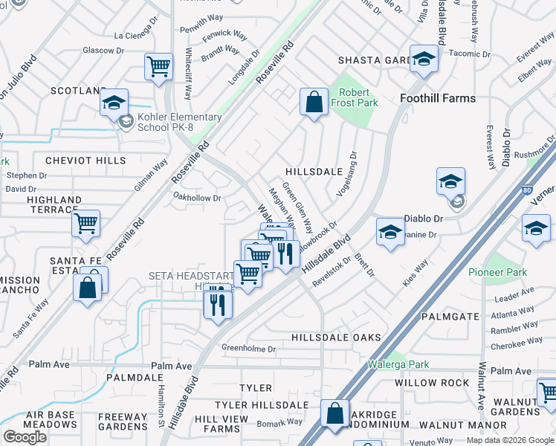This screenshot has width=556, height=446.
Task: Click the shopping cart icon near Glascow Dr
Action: [159, 65]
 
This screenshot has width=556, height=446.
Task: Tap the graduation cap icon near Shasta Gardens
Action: [424, 59]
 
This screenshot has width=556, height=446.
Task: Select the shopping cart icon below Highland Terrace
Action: [86, 222]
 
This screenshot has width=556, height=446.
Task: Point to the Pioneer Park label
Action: [497, 272]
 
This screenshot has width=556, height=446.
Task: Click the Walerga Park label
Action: [398, 365]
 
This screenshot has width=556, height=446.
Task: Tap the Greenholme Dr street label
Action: [249, 349]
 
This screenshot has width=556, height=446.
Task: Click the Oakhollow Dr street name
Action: [197, 198]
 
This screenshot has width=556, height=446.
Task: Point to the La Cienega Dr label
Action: [142, 35]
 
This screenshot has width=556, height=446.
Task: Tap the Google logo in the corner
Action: [25, 437]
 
